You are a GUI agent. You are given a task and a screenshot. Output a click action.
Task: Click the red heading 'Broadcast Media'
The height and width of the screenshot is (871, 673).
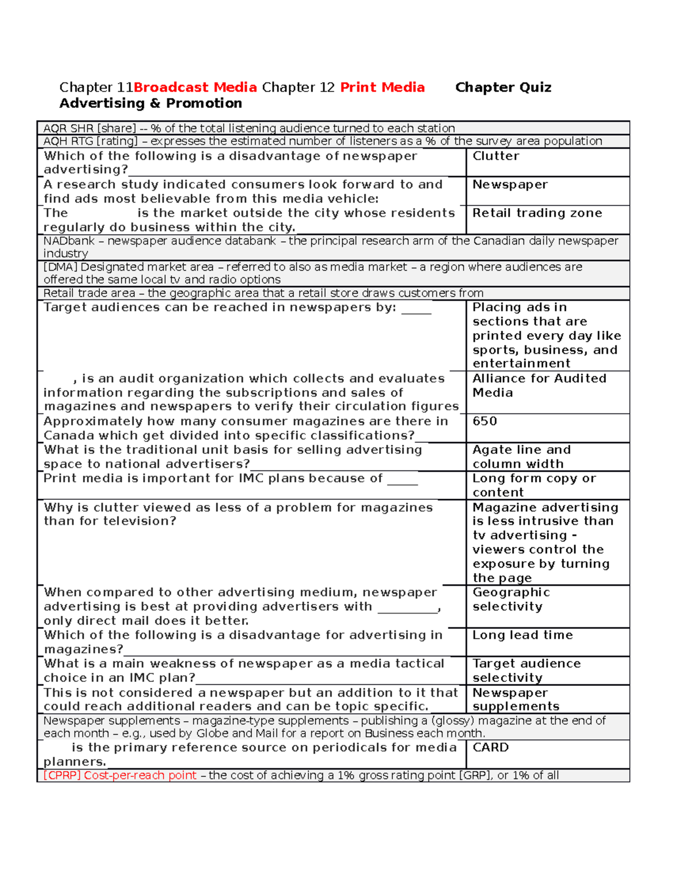coord(195,87)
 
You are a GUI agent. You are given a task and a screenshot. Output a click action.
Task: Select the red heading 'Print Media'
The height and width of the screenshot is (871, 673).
coord(382,87)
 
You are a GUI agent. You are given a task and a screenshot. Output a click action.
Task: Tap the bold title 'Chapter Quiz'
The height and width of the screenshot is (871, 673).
coord(503,87)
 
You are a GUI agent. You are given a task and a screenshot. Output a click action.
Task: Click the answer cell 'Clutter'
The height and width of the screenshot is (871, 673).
coord(496,156)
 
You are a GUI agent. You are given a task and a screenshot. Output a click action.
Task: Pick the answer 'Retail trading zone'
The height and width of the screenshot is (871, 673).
coord(537,213)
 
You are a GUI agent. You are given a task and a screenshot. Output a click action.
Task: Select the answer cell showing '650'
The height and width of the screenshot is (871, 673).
coord(485,421)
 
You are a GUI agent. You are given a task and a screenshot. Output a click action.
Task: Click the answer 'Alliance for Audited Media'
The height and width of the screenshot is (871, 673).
coord(539,385)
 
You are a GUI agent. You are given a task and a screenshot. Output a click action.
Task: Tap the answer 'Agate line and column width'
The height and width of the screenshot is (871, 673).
coord(522,457)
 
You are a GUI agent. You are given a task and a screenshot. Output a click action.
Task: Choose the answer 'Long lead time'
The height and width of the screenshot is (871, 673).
coord(523,635)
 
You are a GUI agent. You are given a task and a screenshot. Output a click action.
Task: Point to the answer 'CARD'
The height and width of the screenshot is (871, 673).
coord(491,748)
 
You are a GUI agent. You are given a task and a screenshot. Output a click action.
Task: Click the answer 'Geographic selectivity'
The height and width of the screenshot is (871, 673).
coord(511,600)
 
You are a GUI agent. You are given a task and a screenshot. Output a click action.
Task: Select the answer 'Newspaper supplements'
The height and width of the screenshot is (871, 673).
coord(515,699)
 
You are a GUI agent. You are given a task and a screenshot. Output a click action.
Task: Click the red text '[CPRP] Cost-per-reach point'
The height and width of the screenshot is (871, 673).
coord(120,776)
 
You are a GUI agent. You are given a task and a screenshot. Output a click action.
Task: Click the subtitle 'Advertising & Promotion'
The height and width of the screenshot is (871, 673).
coord(151,103)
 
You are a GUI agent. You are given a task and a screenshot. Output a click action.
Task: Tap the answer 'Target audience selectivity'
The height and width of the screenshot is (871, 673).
coord(526,671)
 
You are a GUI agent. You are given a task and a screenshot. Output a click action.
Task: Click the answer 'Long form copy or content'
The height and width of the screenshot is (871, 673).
coord(534,485)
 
